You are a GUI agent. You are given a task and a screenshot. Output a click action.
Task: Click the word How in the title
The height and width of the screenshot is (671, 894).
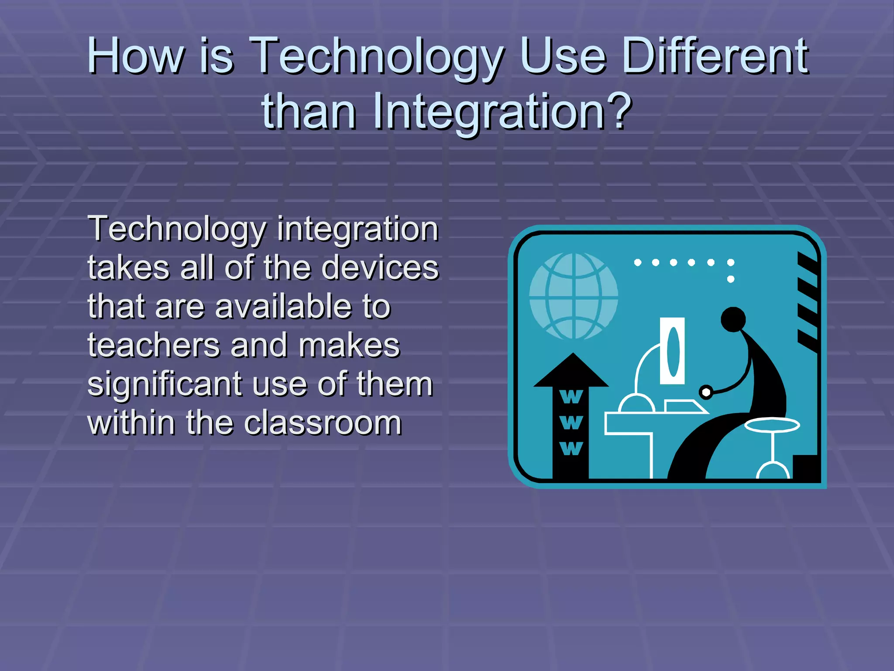(x=136, y=56)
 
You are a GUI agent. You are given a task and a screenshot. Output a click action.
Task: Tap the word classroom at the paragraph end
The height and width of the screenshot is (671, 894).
(x=323, y=423)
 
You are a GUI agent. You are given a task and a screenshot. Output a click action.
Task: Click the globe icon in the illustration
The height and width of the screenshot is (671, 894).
(x=573, y=296)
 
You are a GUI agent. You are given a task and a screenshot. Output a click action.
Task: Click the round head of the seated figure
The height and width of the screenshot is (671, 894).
(x=733, y=319)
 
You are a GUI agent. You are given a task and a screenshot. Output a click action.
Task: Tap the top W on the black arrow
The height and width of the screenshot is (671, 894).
(x=571, y=397)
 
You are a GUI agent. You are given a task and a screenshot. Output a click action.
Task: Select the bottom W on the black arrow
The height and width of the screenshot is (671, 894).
(x=571, y=448)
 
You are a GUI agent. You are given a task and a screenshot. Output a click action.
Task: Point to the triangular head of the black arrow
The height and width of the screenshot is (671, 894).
(x=571, y=371)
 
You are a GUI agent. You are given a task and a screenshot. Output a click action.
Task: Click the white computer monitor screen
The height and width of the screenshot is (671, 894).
(x=672, y=351)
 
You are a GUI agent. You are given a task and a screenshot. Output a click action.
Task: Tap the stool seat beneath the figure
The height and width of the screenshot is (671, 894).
(x=772, y=425)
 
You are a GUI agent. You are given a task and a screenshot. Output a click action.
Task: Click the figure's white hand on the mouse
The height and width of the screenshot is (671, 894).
(x=705, y=392)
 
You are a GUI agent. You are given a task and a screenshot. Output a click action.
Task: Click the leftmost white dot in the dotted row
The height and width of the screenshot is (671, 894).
(x=637, y=263)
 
